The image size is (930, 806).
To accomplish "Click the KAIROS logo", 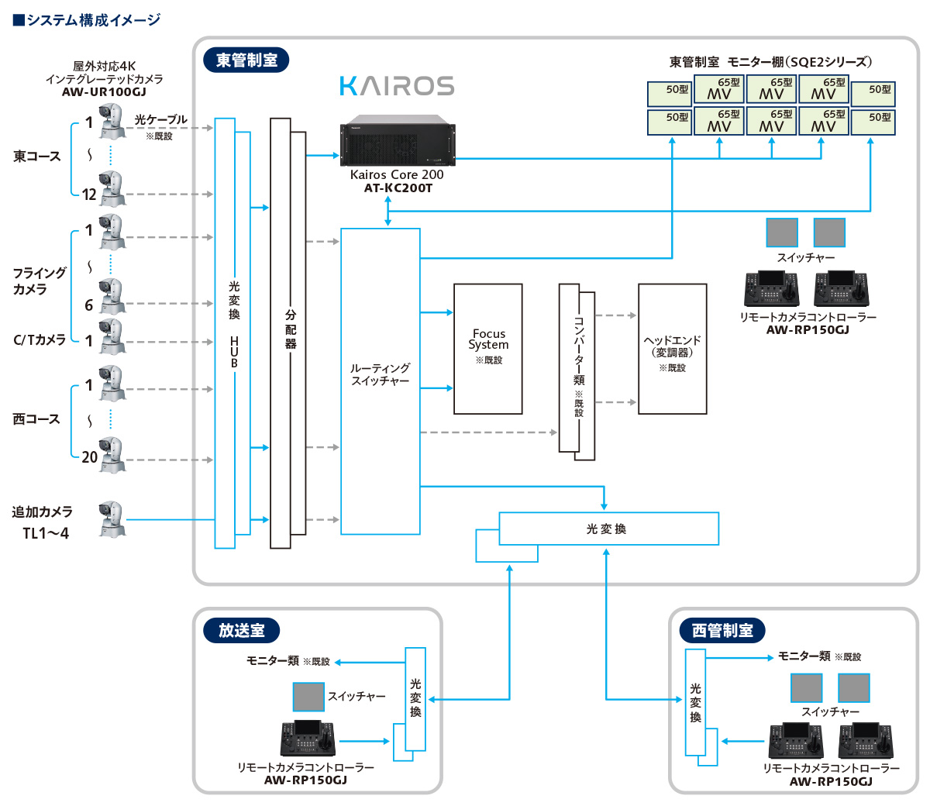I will click(x=397, y=85).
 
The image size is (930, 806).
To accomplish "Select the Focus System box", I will click(x=488, y=348).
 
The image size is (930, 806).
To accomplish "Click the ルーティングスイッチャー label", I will click(x=380, y=374).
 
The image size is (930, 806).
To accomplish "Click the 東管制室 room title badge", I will click(x=246, y=60).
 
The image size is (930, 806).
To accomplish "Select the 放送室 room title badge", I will click(x=241, y=631).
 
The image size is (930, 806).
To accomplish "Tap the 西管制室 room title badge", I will click(x=722, y=631).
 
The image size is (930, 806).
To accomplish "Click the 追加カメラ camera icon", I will click(x=112, y=519).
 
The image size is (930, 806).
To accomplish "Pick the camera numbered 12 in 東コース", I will click(x=112, y=189).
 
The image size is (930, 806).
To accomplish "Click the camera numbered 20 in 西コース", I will click(x=112, y=456).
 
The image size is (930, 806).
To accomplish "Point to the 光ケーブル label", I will click(x=160, y=120).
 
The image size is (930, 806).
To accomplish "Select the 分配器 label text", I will click(x=291, y=329).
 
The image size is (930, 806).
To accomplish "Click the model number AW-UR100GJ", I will click(x=104, y=92).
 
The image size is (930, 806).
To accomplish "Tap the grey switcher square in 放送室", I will click(x=308, y=697).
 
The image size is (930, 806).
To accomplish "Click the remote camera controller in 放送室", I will click(x=308, y=739).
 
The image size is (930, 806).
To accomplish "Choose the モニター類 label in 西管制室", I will click(x=804, y=656).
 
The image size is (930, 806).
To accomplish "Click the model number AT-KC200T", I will click(x=398, y=188).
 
